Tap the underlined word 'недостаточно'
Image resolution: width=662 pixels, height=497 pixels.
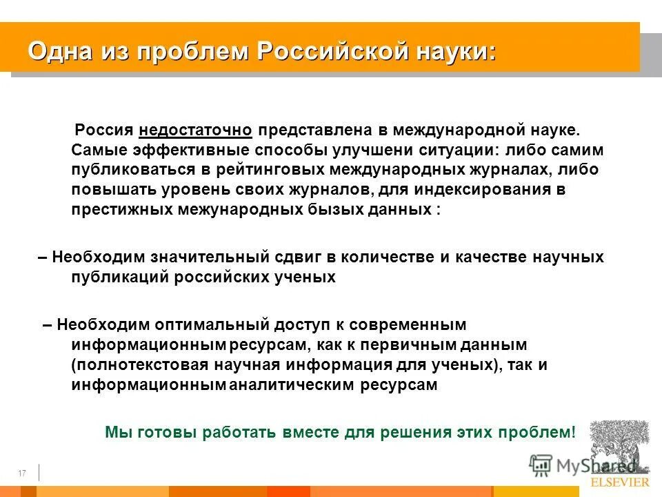[196, 130]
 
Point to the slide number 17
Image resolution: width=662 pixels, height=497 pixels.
[21, 473]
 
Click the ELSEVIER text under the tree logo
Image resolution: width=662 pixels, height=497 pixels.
[619, 482]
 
